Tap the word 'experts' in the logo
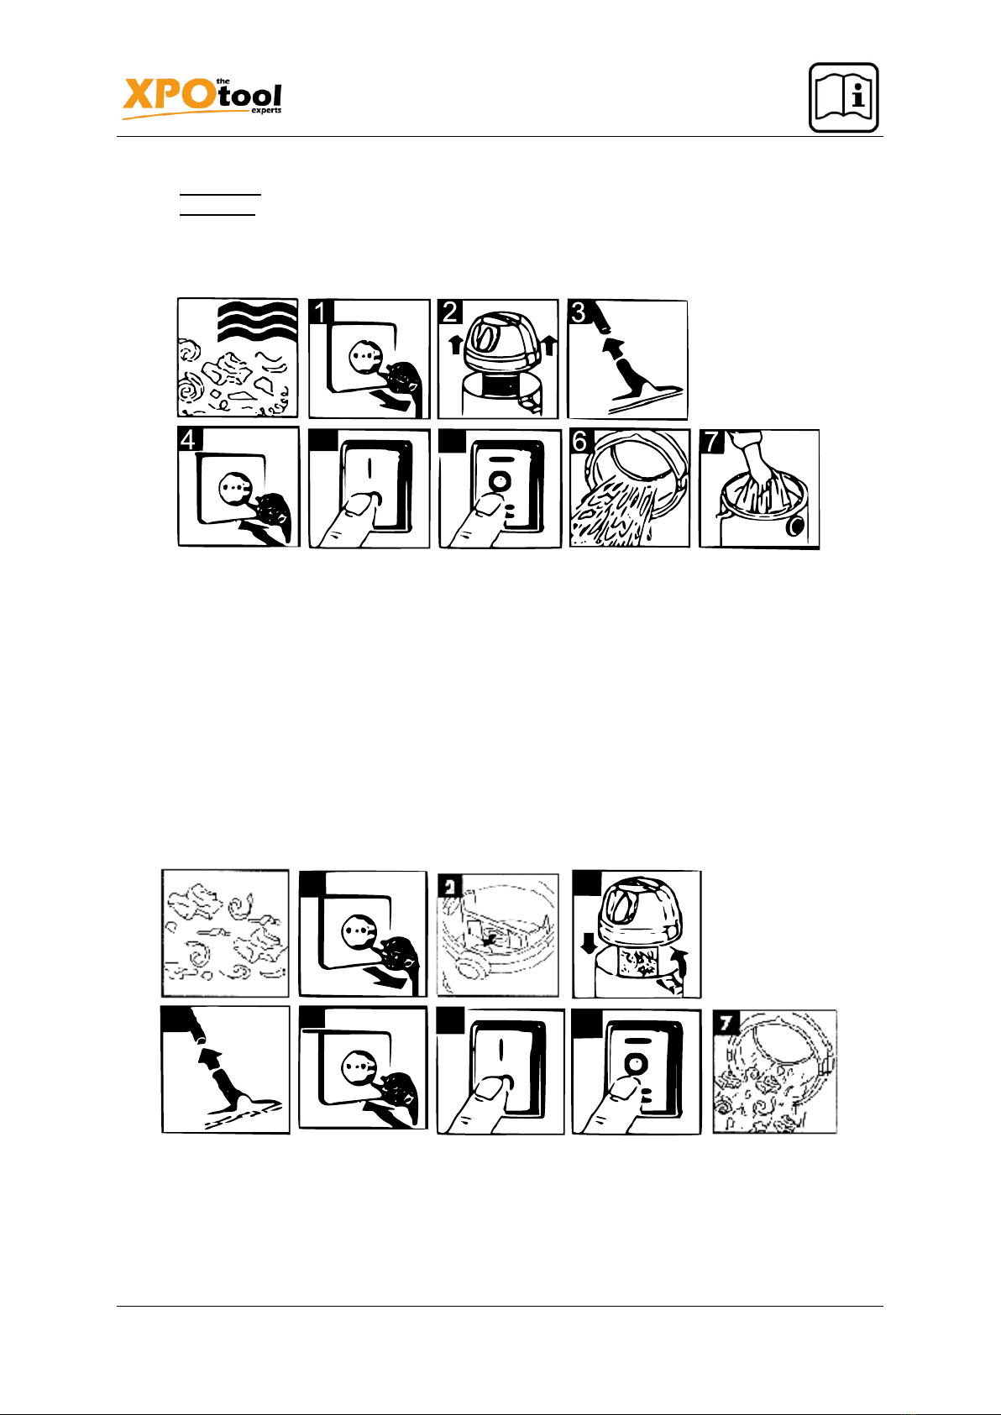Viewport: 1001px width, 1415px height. pyautogui.click(x=266, y=111)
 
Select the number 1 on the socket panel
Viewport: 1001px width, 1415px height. pyautogui.click(x=321, y=312)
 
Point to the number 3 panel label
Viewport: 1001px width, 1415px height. pyautogui.click(x=579, y=312)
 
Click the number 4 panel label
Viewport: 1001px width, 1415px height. pyautogui.click(x=190, y=440)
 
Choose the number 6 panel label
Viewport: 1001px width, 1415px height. pyautogui.click(x=580, y=442)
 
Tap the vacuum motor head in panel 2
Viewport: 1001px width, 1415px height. pyautogui.click(x=497, y=340)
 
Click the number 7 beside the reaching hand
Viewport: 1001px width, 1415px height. pyautogui.click(x=712, y=443)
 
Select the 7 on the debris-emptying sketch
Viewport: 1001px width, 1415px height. pyautogui.click(x=724, y=1022)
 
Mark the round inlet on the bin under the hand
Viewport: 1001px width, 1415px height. pyautogui.click(x=794, y=527)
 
